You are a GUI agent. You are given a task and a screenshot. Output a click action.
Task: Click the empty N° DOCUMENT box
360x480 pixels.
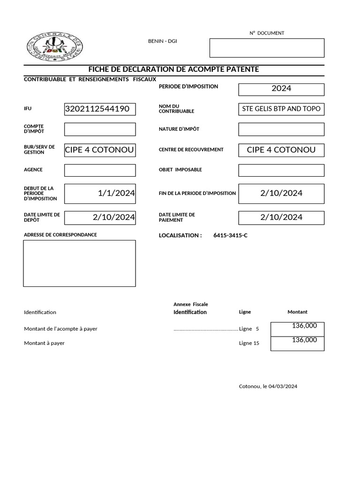(267, 47)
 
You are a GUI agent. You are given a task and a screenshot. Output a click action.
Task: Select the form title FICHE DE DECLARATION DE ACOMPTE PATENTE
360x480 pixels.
(173, 69)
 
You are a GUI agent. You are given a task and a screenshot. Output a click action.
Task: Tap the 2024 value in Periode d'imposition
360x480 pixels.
(281, 89)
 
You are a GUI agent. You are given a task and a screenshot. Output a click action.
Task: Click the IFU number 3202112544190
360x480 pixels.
(100, 109)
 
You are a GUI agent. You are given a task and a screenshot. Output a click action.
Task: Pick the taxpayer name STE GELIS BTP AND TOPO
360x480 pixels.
(281, 109)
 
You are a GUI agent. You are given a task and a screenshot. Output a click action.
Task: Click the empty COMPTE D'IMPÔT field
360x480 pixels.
(100, 129)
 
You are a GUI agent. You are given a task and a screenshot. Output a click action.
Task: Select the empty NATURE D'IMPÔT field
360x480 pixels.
(281, 129)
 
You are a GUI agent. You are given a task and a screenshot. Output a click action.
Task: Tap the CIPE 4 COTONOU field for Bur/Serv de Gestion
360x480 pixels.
(100, 150)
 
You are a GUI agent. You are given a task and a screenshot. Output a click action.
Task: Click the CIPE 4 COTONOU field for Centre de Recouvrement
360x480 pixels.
(281, 150)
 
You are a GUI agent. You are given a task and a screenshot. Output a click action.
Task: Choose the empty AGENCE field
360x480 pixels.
(100, 170)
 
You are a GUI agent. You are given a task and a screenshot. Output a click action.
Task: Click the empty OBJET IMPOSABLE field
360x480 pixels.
(281, 170)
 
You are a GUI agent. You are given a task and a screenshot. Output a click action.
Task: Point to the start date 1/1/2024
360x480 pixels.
(116, 193)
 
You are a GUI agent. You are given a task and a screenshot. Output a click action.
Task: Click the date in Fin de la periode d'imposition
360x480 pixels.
(281, 193)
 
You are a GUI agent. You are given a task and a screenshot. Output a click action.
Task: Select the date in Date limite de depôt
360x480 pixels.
(114, 217)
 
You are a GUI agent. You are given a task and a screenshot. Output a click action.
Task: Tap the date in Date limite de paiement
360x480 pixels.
(281, 217)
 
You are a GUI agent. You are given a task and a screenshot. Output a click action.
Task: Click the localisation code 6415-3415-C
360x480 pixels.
(230, 235)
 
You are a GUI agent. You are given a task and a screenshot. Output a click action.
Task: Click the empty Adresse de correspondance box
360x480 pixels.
(80, 263)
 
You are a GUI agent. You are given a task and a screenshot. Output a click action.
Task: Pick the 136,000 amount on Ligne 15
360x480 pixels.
(304, 340)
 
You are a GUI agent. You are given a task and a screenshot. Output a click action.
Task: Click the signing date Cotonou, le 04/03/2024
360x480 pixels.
(268, 387)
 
